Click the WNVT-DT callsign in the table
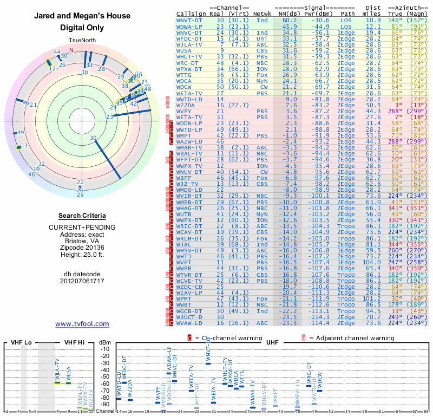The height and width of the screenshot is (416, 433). [x=190, y=19]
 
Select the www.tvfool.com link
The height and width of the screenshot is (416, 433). [x=82, y=324]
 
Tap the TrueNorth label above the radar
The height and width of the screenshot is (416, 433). [x=82, y=41]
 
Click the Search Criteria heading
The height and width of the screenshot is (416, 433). [x=82, y=215]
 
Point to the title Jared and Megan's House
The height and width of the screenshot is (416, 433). [x=82, y=16]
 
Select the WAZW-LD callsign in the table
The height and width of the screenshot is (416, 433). [x=189, y=141]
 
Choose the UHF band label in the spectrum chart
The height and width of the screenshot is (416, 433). [x=272, y=342]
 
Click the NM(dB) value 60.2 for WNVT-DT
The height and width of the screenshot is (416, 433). [x=289, y=19]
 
